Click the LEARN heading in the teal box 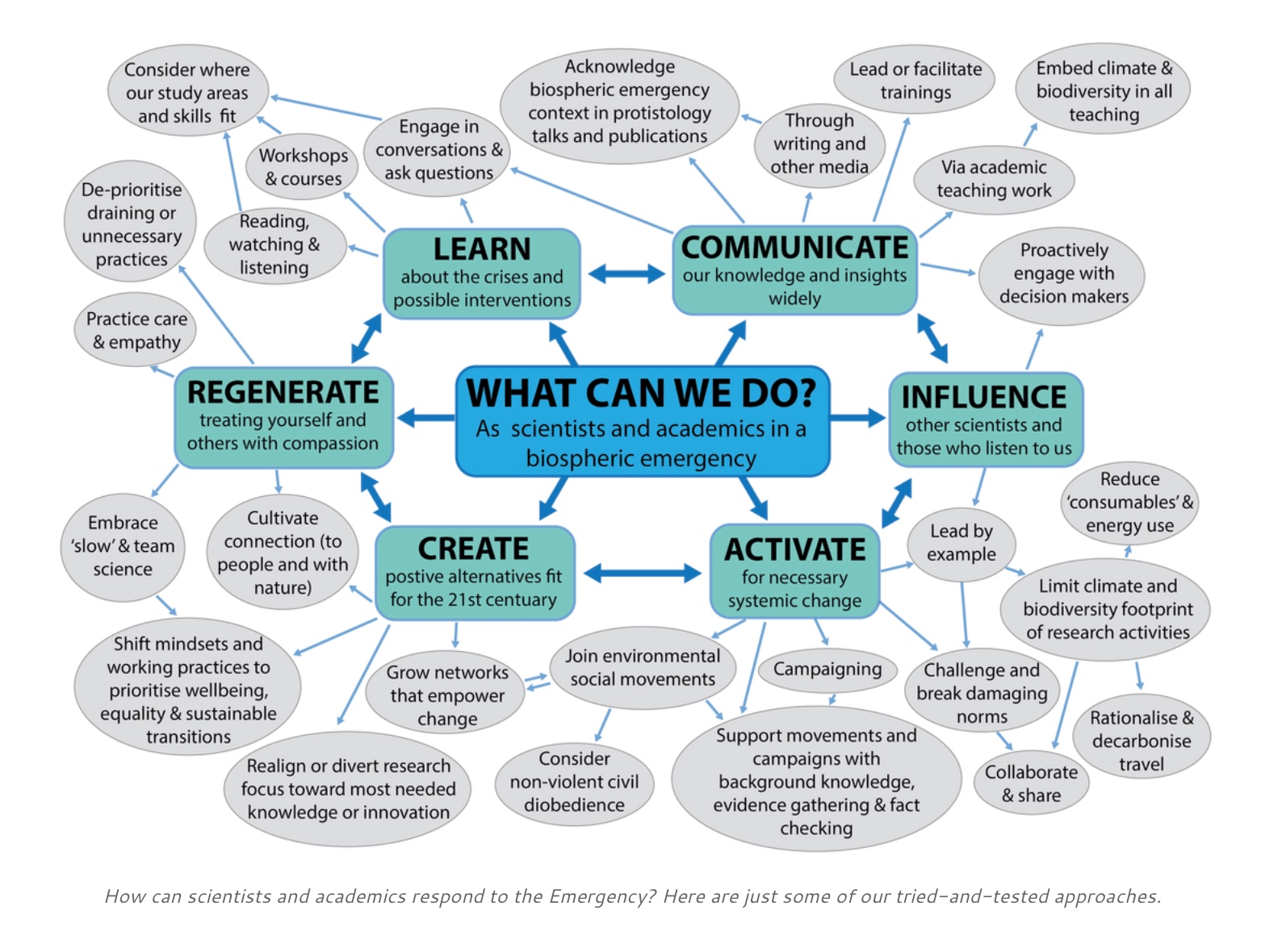coord(482,249)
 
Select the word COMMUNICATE coord(794,248)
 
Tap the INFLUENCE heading coord(984,397)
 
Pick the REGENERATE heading coord(283,392)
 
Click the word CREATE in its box coord(473,549)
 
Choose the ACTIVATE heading coord(794,549)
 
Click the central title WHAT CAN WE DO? coord(641,394)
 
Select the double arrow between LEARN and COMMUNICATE coord(626,273)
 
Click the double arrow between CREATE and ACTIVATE coord(642,574)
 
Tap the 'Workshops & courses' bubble coord(304,166)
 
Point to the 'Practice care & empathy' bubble coord(136,330)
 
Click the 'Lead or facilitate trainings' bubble coord(915,81)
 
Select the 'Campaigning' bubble coord(827,669)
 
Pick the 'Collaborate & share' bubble coord(1031,783)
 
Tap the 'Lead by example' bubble coord(961,543)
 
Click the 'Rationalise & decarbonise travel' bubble coord(1141,740)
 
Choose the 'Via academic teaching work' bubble coord(994,178)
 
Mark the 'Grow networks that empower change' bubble coord(446,695)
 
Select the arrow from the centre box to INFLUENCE coord(857,417)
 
